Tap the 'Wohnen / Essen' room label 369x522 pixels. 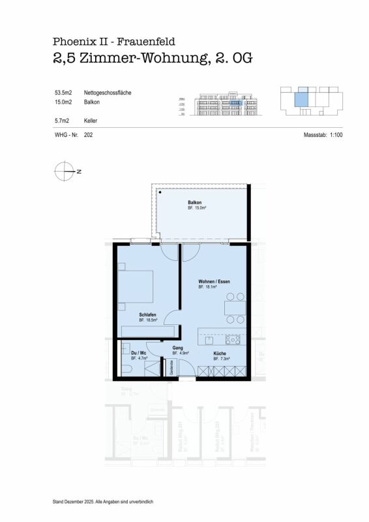coord(214,283)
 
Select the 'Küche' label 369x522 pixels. coord(220,353)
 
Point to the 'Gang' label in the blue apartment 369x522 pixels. coord(177,348)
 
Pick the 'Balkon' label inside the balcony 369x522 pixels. coord(196,202)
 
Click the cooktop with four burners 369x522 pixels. coord(232,340)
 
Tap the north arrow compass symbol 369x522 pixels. coord(66,171)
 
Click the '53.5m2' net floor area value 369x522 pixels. coord(63,93)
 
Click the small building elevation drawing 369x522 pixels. coord(221,102)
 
